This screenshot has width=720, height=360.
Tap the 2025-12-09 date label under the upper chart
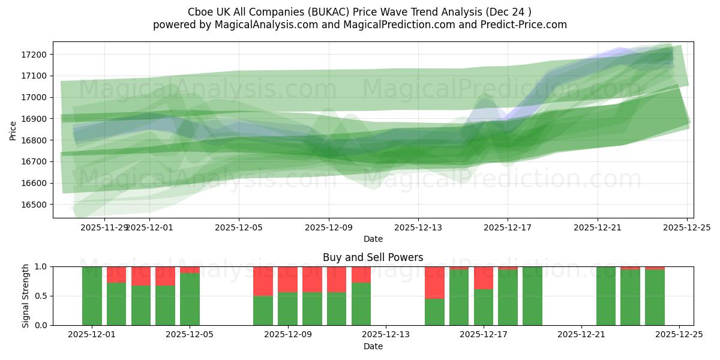329,227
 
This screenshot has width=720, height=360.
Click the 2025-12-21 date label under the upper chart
598,227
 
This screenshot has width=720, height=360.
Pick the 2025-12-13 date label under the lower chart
386,335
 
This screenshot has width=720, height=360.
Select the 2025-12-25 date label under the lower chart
679,335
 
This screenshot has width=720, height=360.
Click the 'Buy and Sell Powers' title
373,257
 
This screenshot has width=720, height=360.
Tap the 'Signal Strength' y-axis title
25,296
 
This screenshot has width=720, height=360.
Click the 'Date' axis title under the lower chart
373,346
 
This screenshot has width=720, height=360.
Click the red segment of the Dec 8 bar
263,281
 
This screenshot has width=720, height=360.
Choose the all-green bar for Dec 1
92,296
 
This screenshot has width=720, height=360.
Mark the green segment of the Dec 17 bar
508,298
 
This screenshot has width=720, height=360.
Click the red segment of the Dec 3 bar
141,276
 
